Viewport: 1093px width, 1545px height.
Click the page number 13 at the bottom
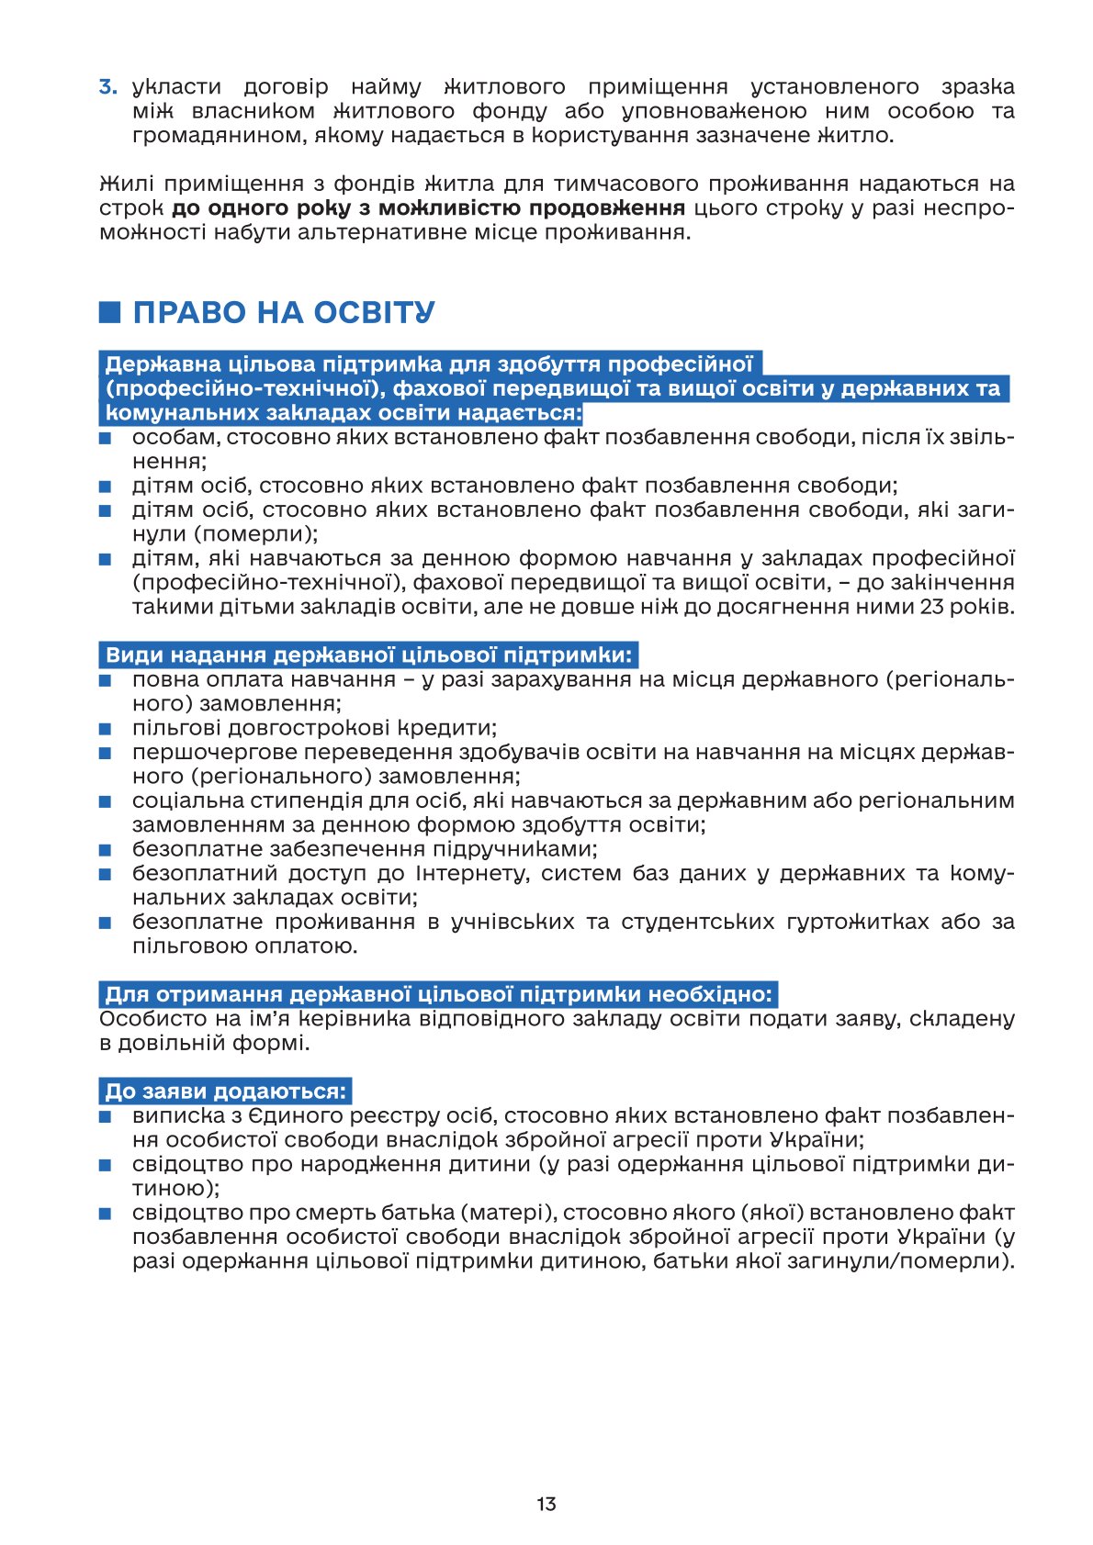546,1504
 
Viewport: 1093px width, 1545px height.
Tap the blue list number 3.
108,87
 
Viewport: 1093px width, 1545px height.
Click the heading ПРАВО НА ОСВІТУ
284,312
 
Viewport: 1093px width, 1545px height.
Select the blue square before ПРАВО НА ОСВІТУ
110,312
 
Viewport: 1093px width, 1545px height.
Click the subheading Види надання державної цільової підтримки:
368,655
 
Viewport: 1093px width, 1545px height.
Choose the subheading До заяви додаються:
226,1092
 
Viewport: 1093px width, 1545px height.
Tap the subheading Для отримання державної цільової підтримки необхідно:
439,994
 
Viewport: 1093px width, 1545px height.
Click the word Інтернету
472,873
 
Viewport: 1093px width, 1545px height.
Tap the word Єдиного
296,1116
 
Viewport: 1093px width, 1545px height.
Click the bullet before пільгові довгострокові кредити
106,729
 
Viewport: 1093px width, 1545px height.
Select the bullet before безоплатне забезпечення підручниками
106,850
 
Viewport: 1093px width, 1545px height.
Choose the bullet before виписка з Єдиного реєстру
106,1117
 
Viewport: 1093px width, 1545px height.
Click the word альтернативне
409,231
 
